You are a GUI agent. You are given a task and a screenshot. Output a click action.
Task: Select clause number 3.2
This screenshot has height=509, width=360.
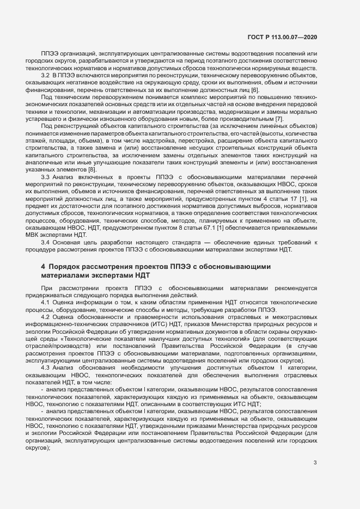[x=46, y=73]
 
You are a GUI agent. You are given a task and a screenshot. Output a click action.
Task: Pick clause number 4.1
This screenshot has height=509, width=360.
[x=46, y=302]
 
